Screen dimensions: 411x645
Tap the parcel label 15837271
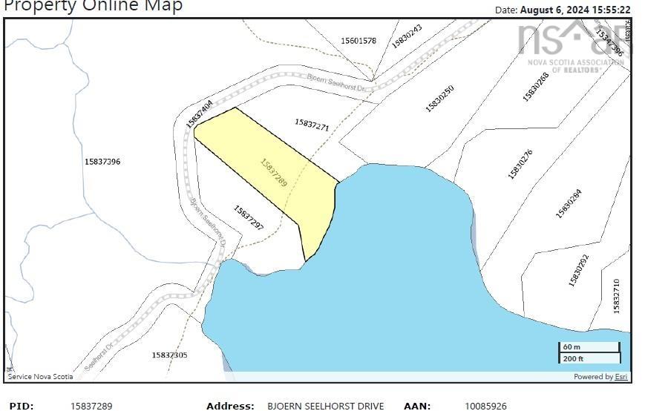pos(312,125)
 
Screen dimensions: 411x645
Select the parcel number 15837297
pos(249,217)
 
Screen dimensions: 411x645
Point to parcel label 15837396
pos(102,161)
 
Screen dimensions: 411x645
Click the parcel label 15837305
pos(169,355)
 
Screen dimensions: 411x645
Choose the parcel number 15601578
pos(358,41)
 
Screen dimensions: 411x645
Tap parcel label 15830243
pos(407,36)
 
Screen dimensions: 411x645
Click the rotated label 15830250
pos(439,99)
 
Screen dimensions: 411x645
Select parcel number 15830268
pos(535,86)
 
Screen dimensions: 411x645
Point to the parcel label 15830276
pos(520,165)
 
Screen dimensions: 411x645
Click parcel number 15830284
pos(569,204)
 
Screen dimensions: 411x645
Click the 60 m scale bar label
pos(572,347)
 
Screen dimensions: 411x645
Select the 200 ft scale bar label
pos(573,359)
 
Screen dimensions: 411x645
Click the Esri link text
pos(621,377)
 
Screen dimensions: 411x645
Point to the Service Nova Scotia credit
pos(41,377)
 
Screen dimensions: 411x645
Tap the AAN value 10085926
pos(486,406)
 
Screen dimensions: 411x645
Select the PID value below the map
pos(91,406)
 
